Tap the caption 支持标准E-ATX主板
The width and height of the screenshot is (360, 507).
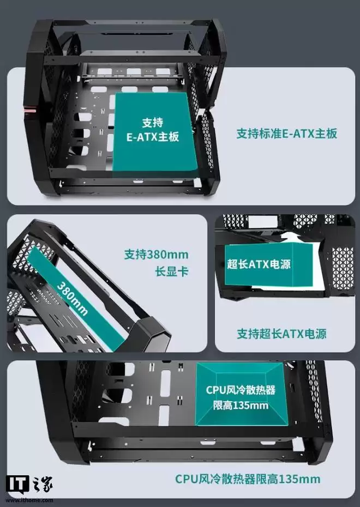tap(286, 134)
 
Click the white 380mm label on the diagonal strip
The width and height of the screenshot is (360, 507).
tap(73, 299)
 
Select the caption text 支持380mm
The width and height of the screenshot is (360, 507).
tap(156, 255)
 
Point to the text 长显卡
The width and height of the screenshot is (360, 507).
tap(172, 271)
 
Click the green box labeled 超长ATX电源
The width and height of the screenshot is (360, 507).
tap(269, 264)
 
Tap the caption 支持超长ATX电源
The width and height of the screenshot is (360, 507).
tap(281, 334)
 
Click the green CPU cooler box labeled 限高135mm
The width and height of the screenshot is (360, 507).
tap(242, 394)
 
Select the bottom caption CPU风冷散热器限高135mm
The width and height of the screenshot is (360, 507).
tap(248, 479)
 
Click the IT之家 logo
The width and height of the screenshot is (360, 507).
tap(29, 484)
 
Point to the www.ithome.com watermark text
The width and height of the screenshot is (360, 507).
tap(29, 500)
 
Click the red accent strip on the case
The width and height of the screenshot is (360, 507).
tap(30, 110)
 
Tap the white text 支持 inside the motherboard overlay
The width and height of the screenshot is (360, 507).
tap(152, 123)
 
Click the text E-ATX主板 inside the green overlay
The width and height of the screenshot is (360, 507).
tap(152, 137)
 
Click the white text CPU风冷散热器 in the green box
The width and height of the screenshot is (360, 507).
tap(241, 390)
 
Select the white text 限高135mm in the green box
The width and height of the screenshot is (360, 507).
tap(241, 405)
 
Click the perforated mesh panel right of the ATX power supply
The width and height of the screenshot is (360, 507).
tap(343, 269)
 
